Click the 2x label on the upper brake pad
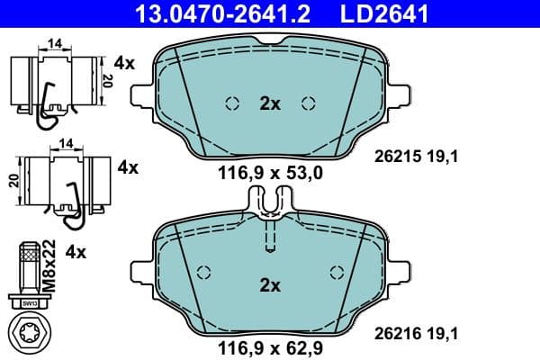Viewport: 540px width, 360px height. click(270, 103)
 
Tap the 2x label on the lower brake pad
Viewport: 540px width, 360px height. click(270, 285)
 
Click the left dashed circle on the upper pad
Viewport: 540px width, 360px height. click(231, 103)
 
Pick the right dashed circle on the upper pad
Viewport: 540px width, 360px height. click(310, 103)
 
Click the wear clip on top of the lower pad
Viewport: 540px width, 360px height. click(270, 203)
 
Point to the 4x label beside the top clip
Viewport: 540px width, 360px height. click(124, 64)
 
